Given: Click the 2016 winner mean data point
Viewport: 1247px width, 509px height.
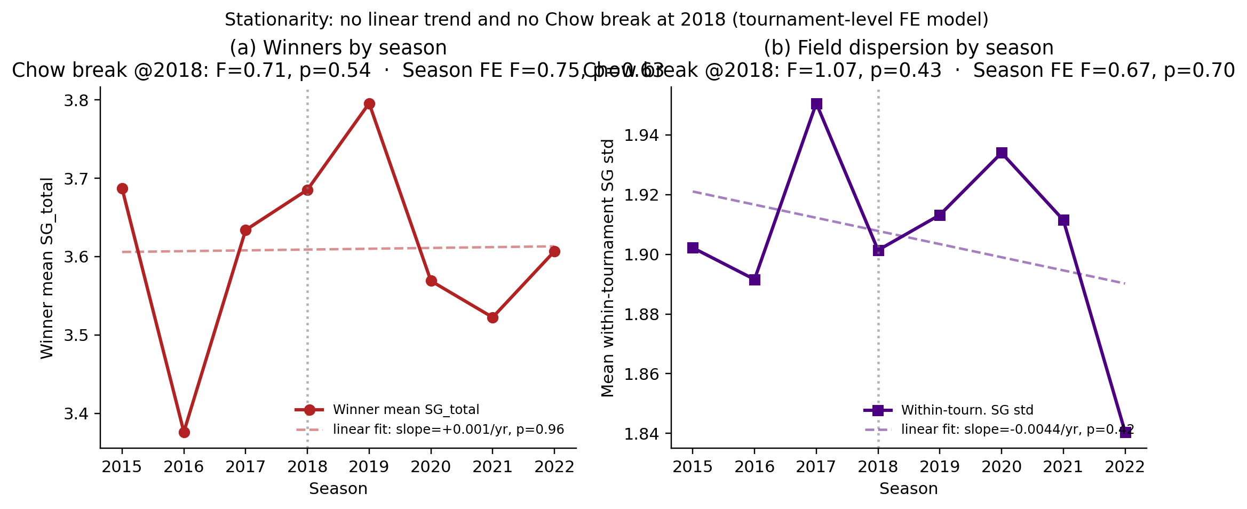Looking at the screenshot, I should click(184, 432).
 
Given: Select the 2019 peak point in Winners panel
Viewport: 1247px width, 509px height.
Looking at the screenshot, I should click(369, 104).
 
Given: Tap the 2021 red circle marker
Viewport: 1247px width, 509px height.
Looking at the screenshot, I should click(493, 317).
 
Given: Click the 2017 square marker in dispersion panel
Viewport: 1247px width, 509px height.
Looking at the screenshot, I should click(816, 104).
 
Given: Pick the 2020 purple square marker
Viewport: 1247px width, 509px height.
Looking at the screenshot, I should click(1002, 153).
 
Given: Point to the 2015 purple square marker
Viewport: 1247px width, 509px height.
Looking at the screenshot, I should click(693, 248).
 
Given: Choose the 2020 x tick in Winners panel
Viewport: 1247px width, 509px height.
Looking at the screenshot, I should click(431, 467).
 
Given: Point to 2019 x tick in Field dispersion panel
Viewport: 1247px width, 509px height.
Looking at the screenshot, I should click(940, 467).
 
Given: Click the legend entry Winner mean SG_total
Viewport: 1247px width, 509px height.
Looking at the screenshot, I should click(406, 410).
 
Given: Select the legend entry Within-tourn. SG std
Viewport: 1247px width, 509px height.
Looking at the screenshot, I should click(967, 410).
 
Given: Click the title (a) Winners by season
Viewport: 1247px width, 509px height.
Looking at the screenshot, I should click(338, 48).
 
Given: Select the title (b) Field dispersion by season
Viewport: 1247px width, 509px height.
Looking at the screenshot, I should click(908, 48).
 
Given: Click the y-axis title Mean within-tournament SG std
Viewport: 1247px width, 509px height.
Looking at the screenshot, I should click(608, 268).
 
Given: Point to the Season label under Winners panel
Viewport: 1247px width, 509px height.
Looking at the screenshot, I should click(338, 489).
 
